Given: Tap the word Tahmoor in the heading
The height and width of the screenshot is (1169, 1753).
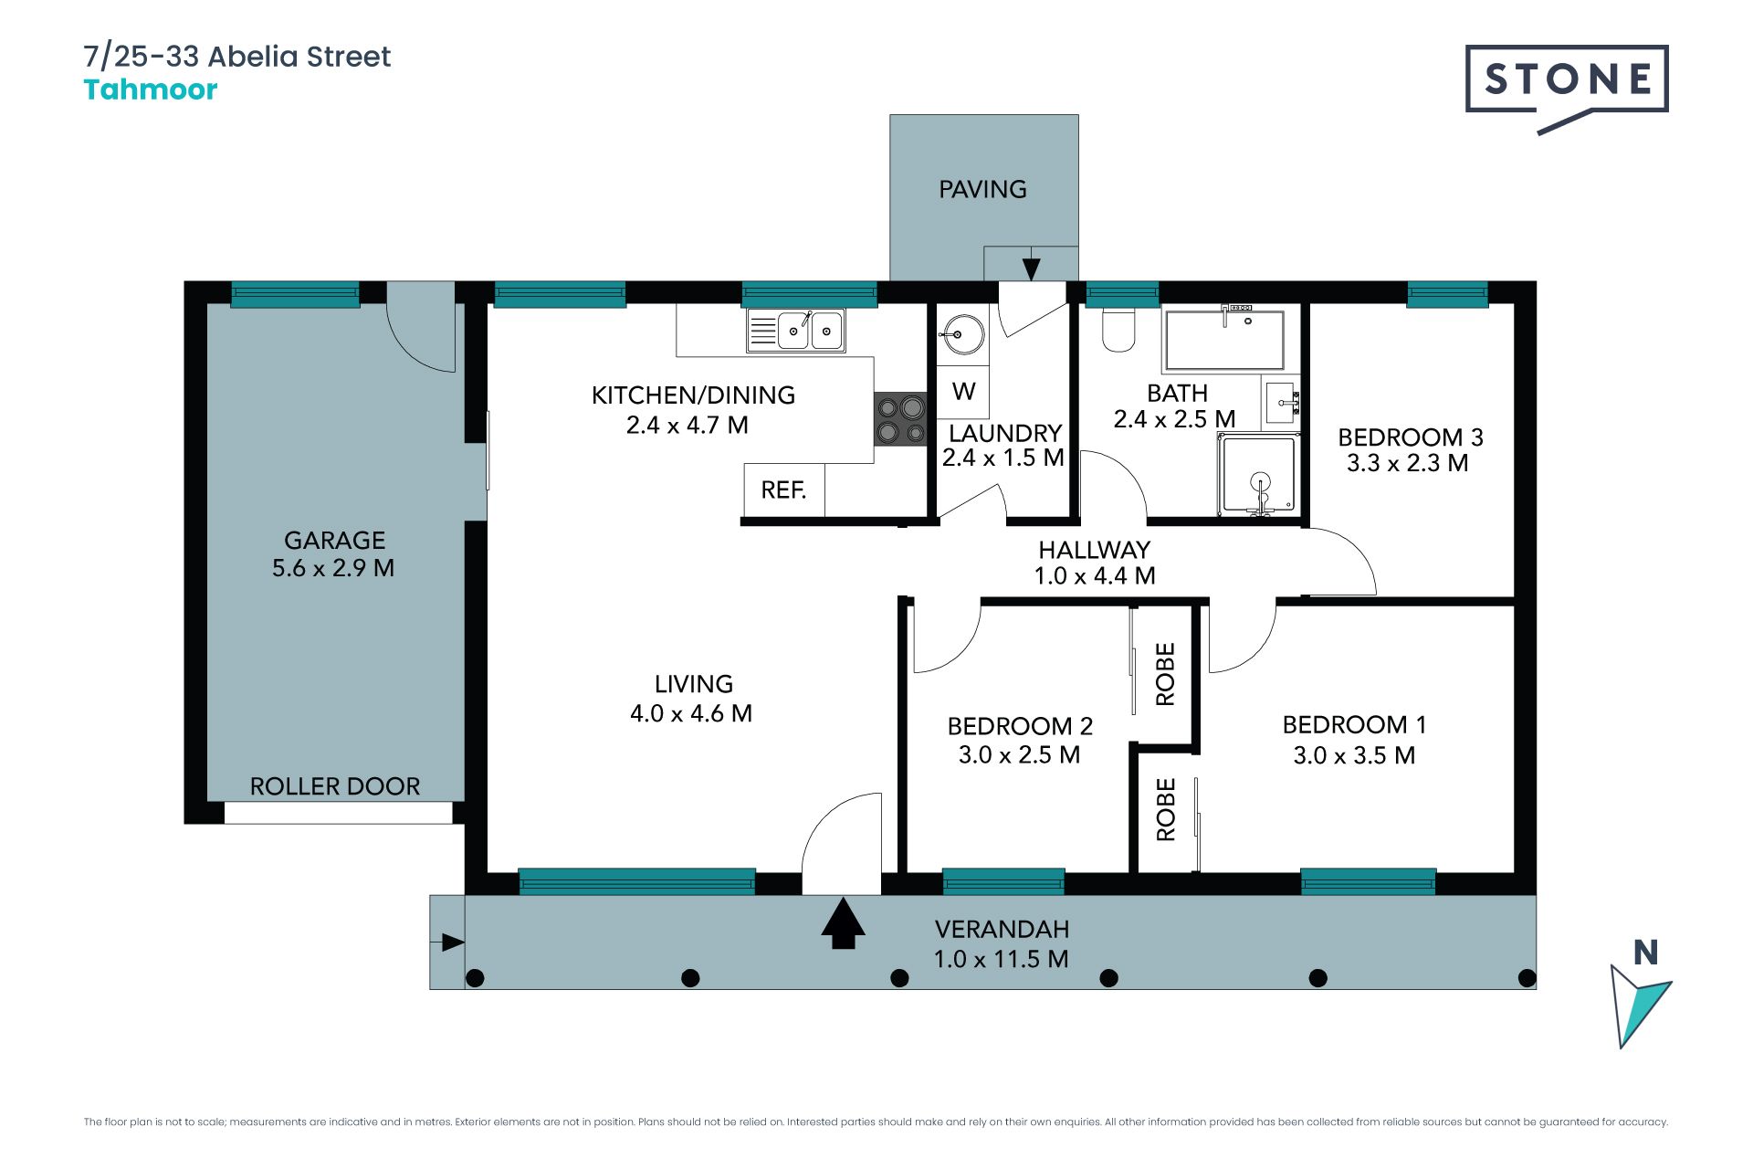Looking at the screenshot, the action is [x=151, y=90].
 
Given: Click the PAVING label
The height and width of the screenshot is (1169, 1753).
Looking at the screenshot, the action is [x=983, y=189].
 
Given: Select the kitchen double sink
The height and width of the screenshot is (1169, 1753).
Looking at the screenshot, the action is [x=796, y=330].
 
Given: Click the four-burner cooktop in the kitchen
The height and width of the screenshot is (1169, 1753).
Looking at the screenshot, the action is [x=900, y=419].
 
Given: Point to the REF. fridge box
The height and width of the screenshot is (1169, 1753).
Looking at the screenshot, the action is [x=784, y=490].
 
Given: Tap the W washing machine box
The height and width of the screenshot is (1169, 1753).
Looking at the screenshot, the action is [x=963, y=391].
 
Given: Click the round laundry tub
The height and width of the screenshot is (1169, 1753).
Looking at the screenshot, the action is [x=962, y=334].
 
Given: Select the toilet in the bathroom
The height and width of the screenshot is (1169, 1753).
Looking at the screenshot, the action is [x=1118, y=329].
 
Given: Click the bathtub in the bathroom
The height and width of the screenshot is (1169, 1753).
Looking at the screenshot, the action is [x=1224, y=339].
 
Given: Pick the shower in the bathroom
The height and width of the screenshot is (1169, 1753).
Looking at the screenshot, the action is [x=1259, y=475].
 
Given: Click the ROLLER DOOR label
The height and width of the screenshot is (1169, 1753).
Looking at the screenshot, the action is [x=335, y=786].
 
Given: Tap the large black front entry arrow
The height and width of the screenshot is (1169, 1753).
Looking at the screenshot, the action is [x=843, y=923].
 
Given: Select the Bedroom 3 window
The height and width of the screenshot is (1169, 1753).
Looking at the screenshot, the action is [x=1447, y=294].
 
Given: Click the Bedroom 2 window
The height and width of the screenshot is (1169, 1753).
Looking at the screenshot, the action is [x=1003, y=881].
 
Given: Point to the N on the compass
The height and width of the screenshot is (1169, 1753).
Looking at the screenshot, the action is [x=1645, y=953].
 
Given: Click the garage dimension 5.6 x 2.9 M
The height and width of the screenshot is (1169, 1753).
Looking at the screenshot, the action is [x=333, y=568].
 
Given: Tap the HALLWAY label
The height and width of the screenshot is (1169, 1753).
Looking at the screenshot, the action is [x=1094, y=550].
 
